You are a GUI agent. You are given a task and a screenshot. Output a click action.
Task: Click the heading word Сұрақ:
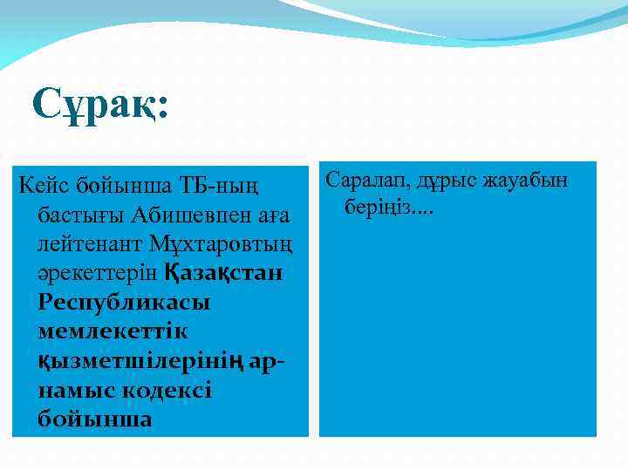click(x=100, y=106)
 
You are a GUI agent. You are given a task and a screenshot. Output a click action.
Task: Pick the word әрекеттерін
click(x=98, y=273)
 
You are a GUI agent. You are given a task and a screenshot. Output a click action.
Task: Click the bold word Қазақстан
click(x=223, y=273)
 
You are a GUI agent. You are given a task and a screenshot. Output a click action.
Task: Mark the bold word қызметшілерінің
click(x=142, y=362)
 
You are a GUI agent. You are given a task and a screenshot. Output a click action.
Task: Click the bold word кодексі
click(x=166, y=391)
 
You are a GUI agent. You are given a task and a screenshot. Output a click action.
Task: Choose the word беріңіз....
click(x=381, y=209)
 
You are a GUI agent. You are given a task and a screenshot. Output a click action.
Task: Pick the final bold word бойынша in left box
click(x=95, y=420)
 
